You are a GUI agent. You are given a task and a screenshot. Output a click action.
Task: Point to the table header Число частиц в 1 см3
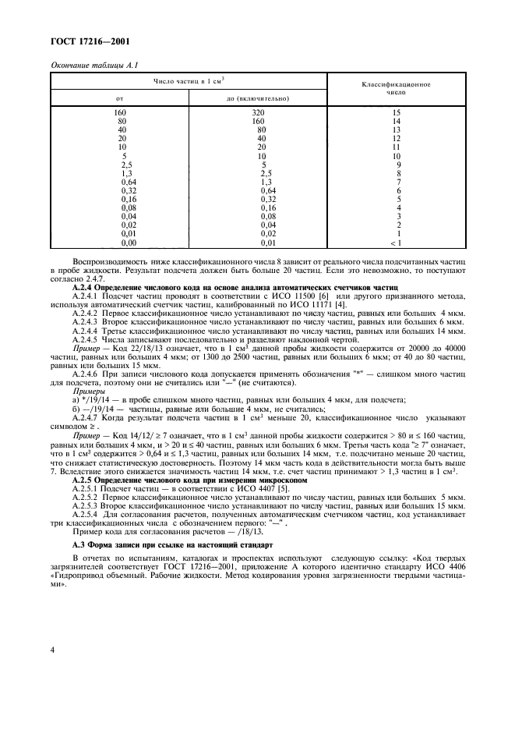(x=189, y=80)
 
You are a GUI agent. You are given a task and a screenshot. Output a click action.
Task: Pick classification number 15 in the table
(x=397, y=113)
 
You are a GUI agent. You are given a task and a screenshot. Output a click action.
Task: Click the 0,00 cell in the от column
(x=121, y=245)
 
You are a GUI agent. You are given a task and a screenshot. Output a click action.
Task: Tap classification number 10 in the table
(x=397, y=157)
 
